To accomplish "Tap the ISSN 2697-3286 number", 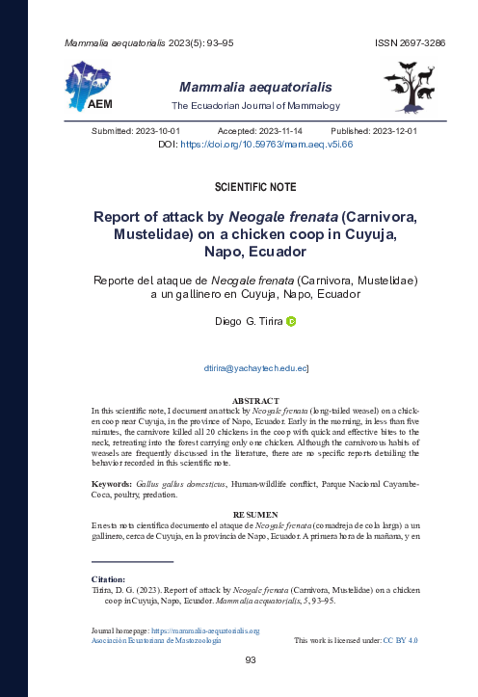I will tap(410, 44).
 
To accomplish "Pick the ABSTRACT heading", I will tap(255, 400).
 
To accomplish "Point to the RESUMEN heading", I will tap(255, 515).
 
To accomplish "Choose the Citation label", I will tap(109, 579).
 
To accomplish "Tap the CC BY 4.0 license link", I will tap(400, 640).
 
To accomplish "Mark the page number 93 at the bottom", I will tap(250, 660).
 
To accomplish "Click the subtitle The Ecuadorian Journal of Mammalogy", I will tap(255, 105).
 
